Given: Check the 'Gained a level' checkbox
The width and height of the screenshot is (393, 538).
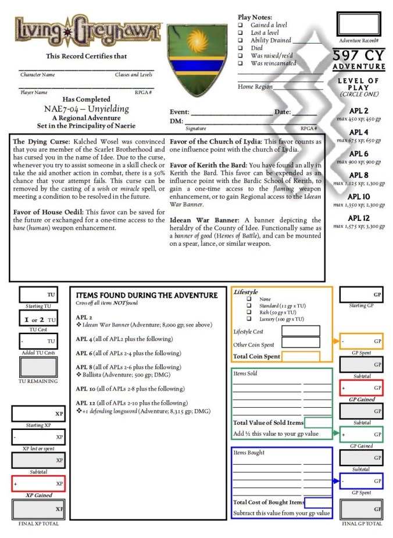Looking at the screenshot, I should (x=241, y=26).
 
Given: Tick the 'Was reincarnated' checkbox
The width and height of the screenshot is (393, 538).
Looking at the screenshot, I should (x=241, y=63).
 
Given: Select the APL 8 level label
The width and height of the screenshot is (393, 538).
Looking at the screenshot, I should (x=358, y=175).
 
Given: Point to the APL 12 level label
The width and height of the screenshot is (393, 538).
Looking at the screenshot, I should (x=358, y=218).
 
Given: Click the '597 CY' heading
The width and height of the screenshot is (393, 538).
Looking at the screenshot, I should (x=359, y=56).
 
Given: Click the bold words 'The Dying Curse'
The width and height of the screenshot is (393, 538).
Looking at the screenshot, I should (x=39, y=142).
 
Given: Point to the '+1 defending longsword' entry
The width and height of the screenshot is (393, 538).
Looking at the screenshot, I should (x=143, y=411).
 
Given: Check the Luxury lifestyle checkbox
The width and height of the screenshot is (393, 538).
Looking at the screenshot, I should (x=249, y=320).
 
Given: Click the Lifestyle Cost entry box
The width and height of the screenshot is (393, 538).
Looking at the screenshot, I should (x=301, y=331).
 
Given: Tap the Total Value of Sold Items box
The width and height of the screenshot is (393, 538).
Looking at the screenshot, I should (x=318, y=423).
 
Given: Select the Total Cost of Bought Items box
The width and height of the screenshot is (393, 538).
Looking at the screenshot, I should (x=318, y=503).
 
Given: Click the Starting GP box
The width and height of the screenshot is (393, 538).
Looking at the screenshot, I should (x=361, y=295).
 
